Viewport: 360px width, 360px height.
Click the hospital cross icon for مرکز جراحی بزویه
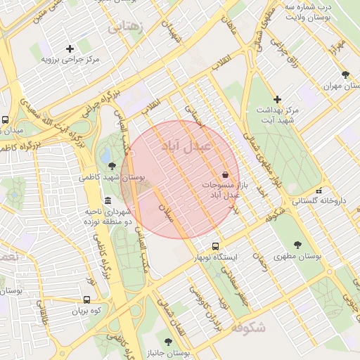[x=69, y=49]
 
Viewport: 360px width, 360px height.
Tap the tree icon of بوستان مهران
[x=345, y=75]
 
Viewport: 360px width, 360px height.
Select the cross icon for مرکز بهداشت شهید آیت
[x=278, y=99]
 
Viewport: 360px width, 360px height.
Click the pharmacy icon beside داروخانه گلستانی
[x=319, y=190]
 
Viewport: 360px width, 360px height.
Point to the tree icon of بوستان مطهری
[x=297, y=245]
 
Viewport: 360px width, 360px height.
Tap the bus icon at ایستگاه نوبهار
[x=215, y=247]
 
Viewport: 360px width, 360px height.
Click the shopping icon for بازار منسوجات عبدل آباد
[x=225, y=174]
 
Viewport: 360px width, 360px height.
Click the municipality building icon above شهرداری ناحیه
[x=108, y=200]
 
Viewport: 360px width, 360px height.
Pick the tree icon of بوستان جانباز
[x=167, y=340]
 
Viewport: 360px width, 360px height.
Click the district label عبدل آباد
[x=186, y=146]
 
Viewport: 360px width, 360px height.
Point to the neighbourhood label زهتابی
[x=125, y=27]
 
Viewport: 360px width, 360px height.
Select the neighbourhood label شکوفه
[x=247, y=327]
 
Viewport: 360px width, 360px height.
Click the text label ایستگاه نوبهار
[x=217, y=258]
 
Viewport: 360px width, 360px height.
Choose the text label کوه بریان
[x=87, y=310]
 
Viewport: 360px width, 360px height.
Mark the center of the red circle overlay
[x=180, y=179]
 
